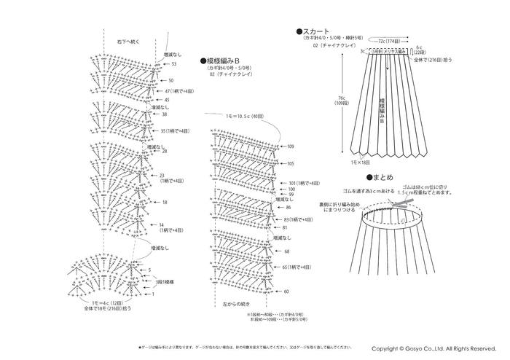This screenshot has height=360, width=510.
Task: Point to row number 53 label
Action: (174, 64)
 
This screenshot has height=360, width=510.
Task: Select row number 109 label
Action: (291, 146)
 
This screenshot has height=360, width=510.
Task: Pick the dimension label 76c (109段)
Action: (341, 101)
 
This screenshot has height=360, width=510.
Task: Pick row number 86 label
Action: (289, 208)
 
